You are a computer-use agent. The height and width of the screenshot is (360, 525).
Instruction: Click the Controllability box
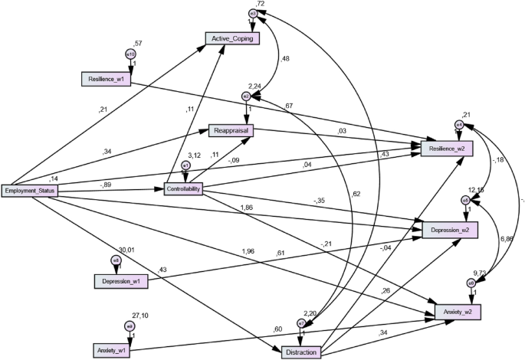(183, 189)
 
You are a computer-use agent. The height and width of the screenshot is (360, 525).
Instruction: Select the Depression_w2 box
(450, 230)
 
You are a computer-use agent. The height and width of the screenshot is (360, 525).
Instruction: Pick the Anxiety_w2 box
(458, 312)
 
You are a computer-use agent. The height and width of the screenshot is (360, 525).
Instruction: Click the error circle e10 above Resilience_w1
(130, 54)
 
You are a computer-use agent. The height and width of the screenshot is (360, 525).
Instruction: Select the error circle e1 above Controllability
(185, 165)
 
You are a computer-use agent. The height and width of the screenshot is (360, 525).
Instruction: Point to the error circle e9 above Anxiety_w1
(130, 326)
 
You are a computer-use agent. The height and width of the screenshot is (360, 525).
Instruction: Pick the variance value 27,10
(140, 315)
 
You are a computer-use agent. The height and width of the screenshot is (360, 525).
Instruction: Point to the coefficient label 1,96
(249, 251)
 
